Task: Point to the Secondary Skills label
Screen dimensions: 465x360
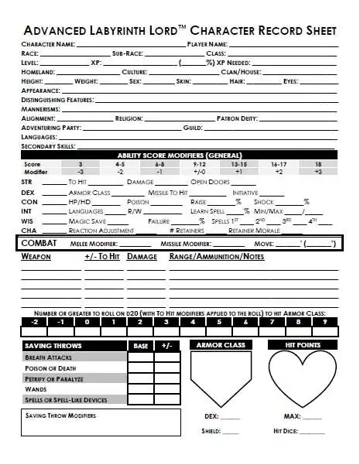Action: [48, 145]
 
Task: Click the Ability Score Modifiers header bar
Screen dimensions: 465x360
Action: [179, 156]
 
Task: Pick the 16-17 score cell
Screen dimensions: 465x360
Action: [279, 165]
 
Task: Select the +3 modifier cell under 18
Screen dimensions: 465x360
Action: [317, 172]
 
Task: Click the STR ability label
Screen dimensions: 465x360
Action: [27, 182]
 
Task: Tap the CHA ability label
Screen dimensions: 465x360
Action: [28, 230]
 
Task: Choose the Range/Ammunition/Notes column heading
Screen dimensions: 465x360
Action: [216, 256]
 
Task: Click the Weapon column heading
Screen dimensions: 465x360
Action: [36, 256]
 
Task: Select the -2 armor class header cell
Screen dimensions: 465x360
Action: [35, 321]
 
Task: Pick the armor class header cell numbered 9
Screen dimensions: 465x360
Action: [324, 321]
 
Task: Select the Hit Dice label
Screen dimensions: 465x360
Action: [286, 431]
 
